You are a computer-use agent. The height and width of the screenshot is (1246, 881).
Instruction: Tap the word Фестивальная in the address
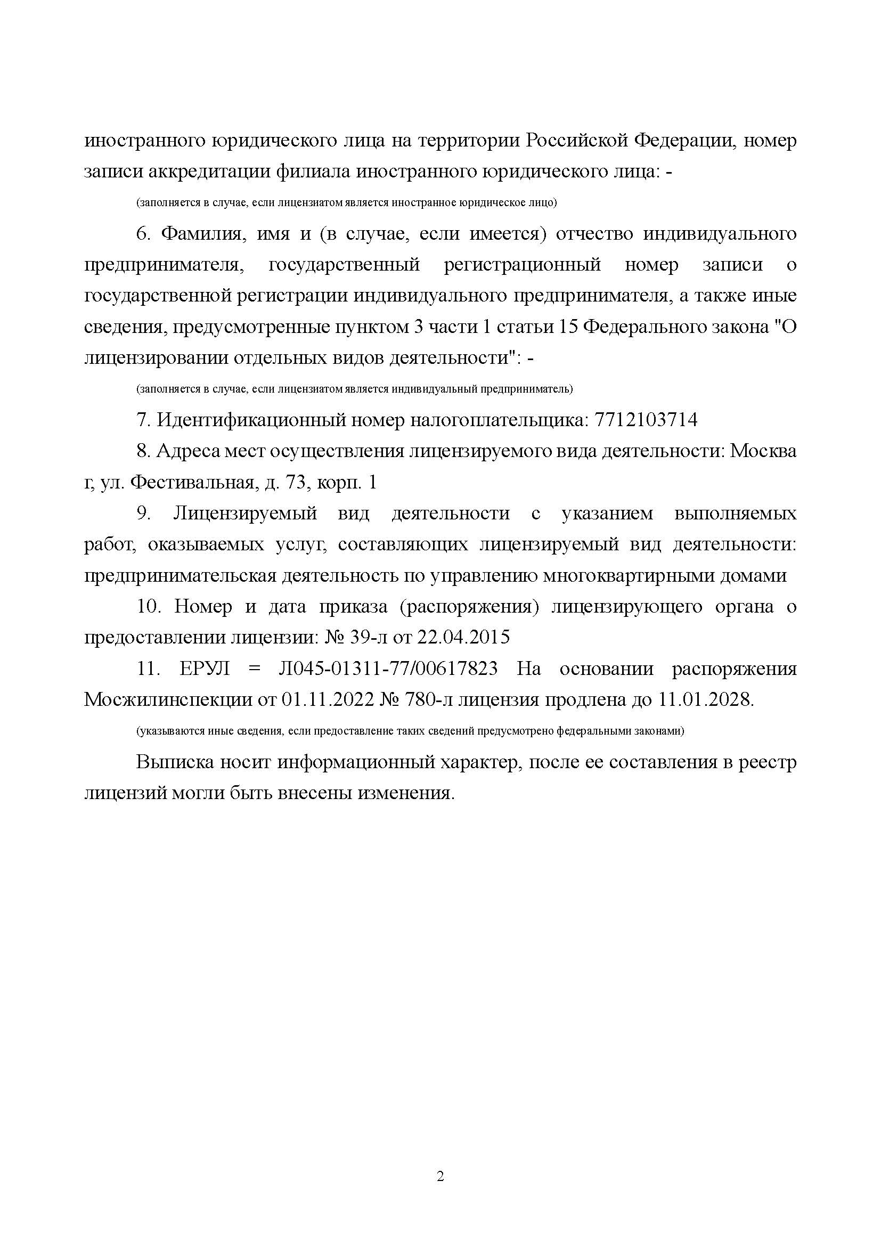(194, 483)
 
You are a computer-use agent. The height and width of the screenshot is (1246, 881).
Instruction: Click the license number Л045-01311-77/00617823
(388, 669)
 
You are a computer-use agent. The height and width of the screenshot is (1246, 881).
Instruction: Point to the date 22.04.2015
(463, 638)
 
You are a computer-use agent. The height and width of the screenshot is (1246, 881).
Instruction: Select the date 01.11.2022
(325, 701)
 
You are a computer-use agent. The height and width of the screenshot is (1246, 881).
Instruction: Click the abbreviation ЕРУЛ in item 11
(204, 669)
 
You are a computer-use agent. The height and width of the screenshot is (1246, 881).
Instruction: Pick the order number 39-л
(368, 638)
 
